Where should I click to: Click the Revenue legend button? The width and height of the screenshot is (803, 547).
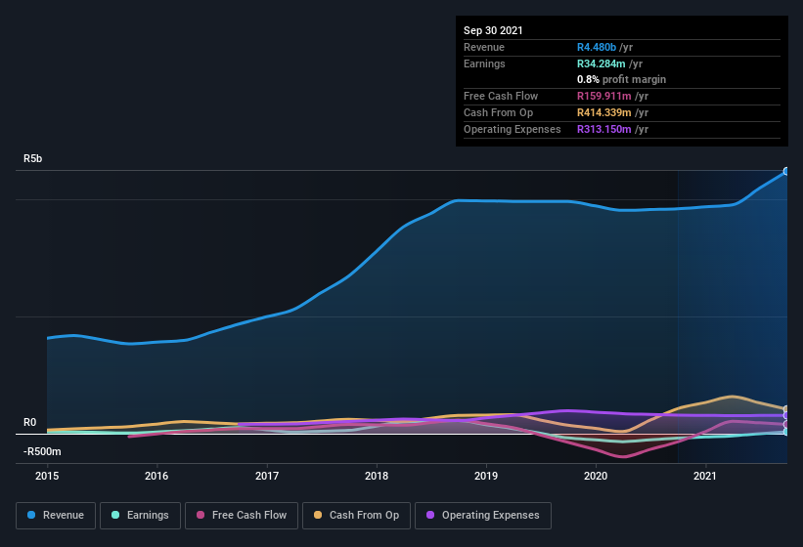point(56,515)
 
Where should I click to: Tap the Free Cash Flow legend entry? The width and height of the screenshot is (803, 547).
point(242,515)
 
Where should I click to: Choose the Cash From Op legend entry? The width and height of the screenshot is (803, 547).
point(356,515)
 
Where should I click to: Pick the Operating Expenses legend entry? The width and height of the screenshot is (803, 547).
point(483,515)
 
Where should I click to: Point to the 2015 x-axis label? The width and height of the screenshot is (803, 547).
point(47,477)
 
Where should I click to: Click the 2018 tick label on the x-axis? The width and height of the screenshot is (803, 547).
point(377,477)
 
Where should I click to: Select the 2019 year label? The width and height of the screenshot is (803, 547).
point(486,477)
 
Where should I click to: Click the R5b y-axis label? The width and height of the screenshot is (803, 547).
point(33,158)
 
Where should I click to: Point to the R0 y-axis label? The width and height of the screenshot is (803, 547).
point(29,423)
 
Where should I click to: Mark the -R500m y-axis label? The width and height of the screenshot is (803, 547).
point(42,451)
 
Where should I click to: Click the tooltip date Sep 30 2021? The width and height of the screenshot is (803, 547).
point(493,30)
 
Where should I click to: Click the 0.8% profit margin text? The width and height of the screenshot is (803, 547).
point(621,79)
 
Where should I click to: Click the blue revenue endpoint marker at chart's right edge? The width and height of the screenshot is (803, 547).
point(785,171)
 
